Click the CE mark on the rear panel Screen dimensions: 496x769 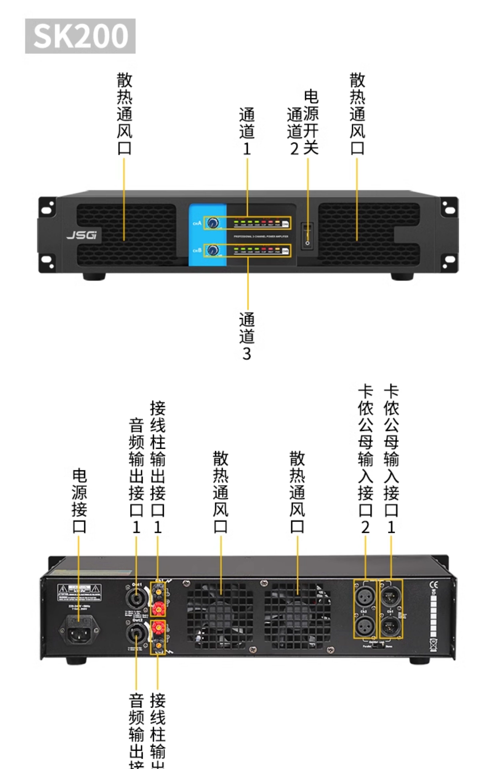point(434,584)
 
